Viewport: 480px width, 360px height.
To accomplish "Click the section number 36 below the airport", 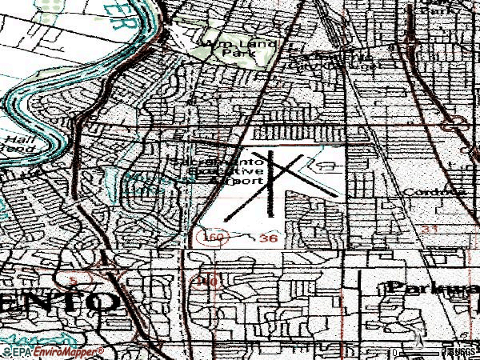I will [x=269, y=238].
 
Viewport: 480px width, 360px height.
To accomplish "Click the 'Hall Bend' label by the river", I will [x=16, y=144].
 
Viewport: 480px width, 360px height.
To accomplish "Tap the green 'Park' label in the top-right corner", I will [x=462, y=10].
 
